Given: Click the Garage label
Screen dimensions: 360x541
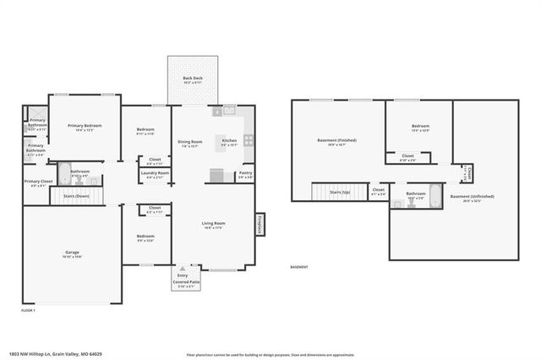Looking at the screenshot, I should tap(73, 252).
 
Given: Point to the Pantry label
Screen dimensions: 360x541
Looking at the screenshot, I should tap(245, 172).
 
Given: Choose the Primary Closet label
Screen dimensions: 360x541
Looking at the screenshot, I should tap(39, 182).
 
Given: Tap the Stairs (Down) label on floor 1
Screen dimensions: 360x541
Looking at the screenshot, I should tap(76, 196).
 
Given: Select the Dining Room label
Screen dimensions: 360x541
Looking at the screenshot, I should tap(189, 141).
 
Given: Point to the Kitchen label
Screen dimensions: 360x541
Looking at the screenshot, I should tap(229, 140).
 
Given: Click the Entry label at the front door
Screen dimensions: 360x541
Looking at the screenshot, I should tap(182, 275).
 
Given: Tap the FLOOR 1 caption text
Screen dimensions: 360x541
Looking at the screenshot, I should tap(29, 311).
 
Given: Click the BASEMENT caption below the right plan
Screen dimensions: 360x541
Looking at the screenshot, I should tap(299, 267).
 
